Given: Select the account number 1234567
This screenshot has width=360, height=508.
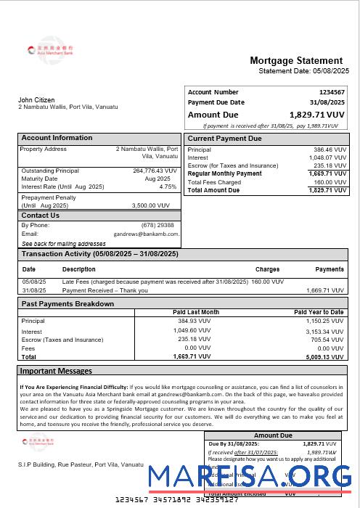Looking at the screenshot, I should (x=332, y=92).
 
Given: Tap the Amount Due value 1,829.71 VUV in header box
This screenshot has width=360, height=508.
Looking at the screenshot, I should (x=316, y=115).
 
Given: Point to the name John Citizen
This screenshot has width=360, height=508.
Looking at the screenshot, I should (x=36, y=99).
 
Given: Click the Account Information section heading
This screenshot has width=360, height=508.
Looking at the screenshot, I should (x=57, y=138).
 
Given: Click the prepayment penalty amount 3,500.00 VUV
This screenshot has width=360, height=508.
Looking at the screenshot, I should (x=154, y=205).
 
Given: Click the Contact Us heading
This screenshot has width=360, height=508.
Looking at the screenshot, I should (x=40, y=216).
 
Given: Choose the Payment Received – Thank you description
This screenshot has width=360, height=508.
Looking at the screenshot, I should (x=105, y=290).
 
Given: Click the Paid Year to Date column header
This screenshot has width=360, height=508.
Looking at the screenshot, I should (x=319, y=312).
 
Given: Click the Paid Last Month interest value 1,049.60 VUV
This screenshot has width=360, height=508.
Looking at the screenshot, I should (x=194, y=331).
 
